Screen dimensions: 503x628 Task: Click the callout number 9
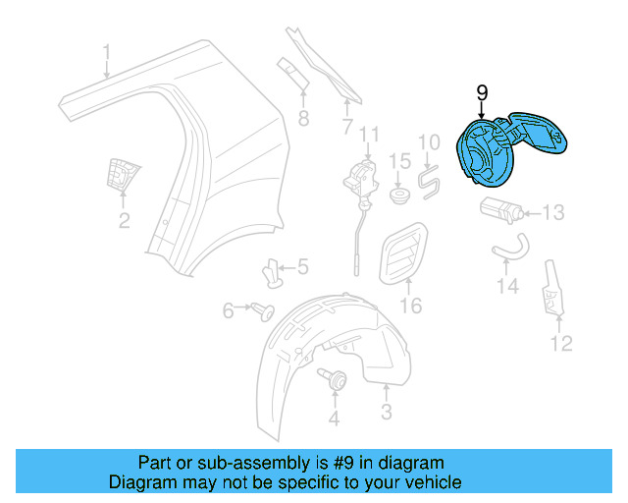click(482, 92)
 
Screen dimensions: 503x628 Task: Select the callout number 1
click(108, 51)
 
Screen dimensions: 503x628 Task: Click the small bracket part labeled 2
click(121, 176)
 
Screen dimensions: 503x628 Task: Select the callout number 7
click(346, 126)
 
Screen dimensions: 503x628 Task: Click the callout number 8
click(303, 119)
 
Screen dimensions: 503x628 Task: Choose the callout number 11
click(368, 135)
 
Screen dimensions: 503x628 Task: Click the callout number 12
click(560, 343)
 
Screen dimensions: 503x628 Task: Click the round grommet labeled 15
click(399, 196)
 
